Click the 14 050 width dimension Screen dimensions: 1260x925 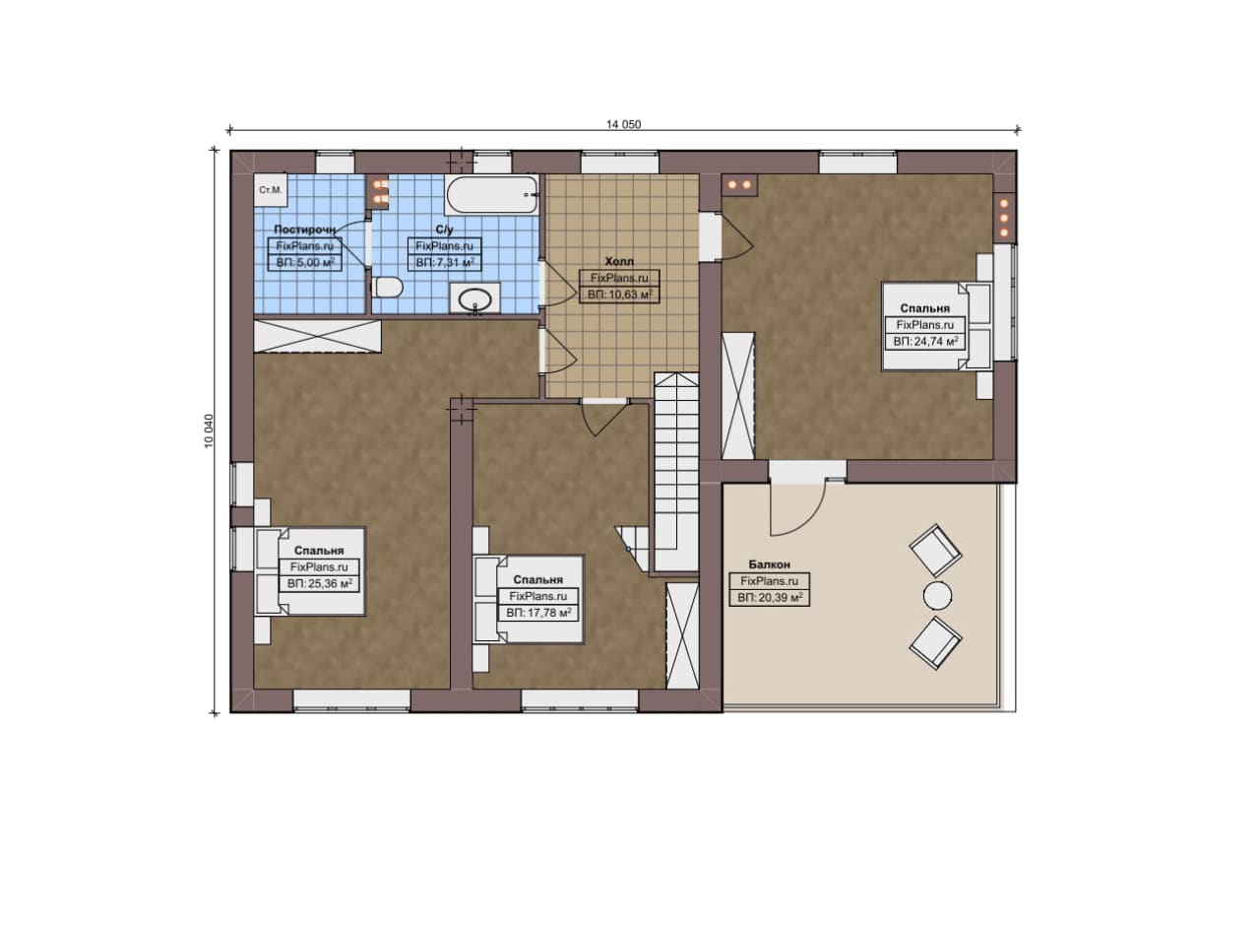pos(623,124)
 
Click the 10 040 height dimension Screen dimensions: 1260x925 pos(210,431)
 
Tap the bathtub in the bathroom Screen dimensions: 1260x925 pos(492,194)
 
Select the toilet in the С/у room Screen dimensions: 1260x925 pos(388,289)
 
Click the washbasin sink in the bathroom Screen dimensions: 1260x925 pos(474,297)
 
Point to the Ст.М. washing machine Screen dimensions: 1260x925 pos(271,190)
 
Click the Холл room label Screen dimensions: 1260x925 pos(619,261)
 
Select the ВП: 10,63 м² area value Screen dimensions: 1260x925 pos(619,294)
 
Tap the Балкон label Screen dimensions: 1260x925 pos(769,564)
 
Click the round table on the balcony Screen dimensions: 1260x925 pos(937,596)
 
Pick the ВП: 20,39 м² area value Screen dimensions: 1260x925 pos(769,597)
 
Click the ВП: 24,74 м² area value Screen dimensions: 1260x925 pos(925,341)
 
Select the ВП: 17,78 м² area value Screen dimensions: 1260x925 pos(538,613)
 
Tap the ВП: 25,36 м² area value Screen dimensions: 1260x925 pos(319,583)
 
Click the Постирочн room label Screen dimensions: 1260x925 pos(304,230)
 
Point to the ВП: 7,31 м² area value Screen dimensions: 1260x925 pos(444,262)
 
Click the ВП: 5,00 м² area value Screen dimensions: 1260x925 pos(305,262)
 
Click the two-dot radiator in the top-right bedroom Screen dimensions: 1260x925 pos(739,184)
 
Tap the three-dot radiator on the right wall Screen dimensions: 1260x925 pos(1004,218)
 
